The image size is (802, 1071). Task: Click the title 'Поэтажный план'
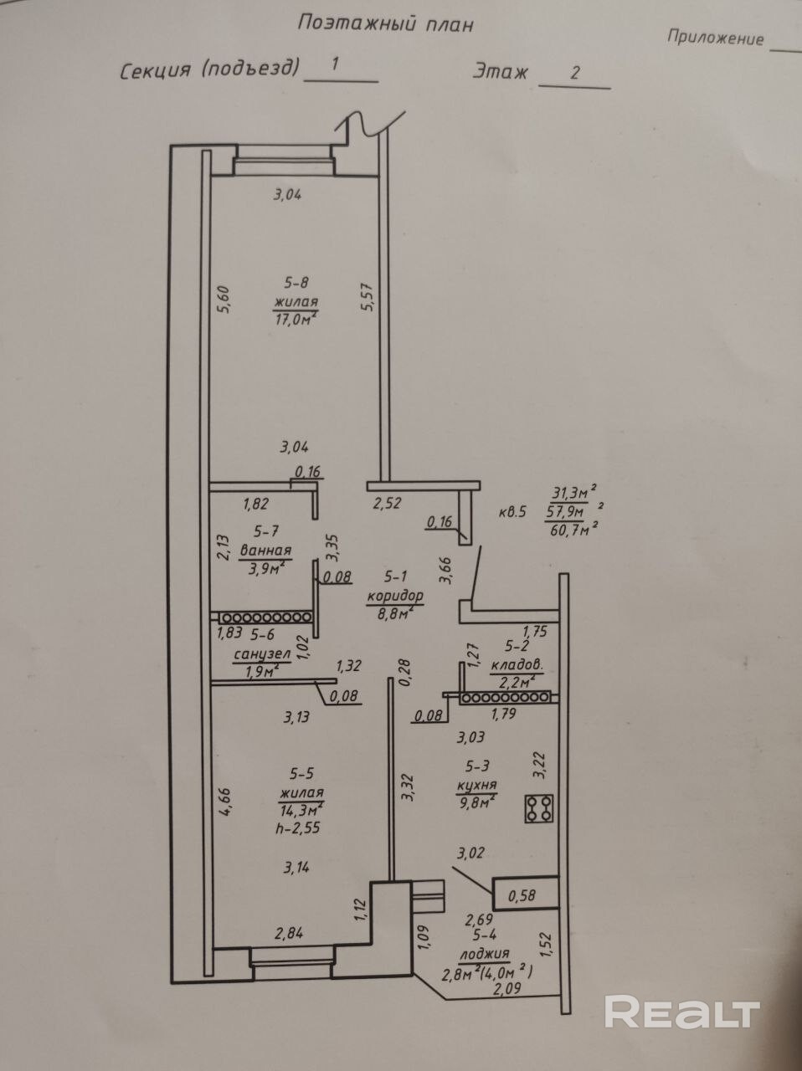385,23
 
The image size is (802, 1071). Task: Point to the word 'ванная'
265,551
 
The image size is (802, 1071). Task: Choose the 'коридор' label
395,595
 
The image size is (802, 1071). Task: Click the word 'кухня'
476,785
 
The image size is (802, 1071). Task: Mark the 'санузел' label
263,654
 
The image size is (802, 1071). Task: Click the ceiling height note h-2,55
298,828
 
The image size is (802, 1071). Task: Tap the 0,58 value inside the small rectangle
522,894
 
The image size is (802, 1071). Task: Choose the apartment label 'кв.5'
512,512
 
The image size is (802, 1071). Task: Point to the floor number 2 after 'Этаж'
575,73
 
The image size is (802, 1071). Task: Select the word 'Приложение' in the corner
716,38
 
